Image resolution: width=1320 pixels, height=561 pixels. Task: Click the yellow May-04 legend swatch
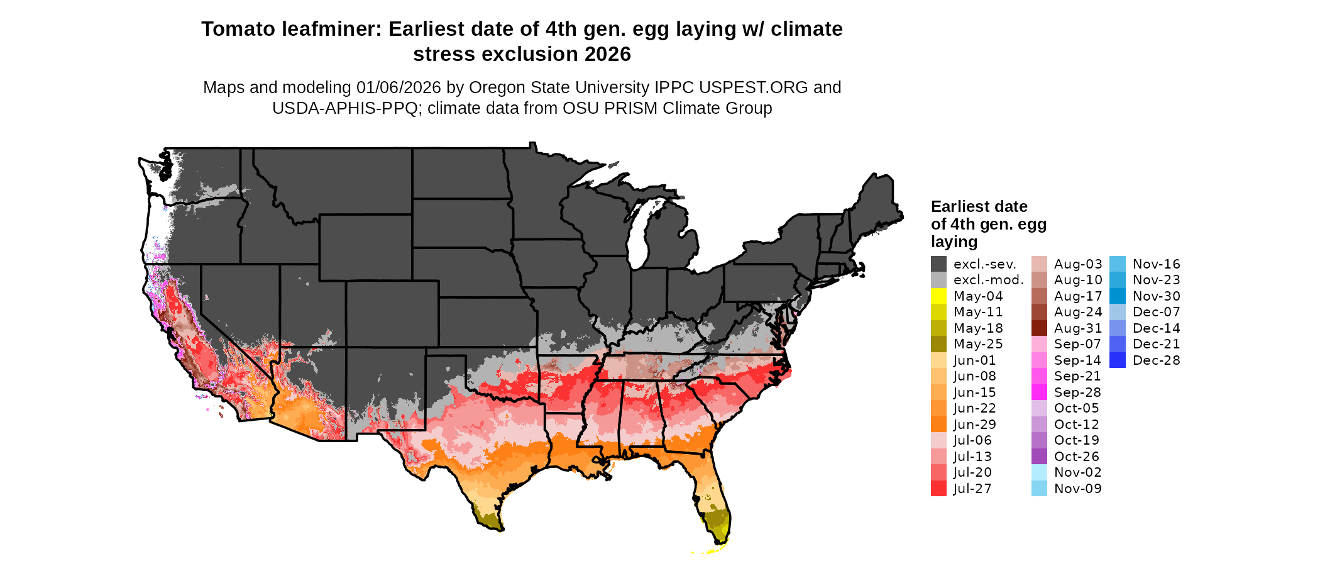(x=938, y=296)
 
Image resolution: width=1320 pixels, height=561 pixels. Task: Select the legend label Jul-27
(x=972, y=489)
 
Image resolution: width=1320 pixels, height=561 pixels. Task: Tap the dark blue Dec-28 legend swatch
(x=1117, y=360)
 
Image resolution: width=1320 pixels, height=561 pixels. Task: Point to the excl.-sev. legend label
(x=984, y=264)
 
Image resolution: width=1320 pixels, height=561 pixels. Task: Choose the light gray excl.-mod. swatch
(x=938, y=280)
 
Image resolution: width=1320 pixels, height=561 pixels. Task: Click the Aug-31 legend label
(x=1077, y=328)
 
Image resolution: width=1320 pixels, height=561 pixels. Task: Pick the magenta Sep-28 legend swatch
(x=1039, y=392)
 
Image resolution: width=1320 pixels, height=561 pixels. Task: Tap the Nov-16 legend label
(x=1156, y=264)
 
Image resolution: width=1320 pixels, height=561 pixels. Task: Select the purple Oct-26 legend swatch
(x=1039, y=456)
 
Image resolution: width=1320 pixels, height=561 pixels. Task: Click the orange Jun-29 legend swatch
(x=938, y=424)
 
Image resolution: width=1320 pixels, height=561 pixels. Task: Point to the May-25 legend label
(x=978, y=344)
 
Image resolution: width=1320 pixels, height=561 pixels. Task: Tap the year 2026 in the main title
(x=607, y=55)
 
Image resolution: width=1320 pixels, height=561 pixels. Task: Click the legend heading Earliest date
(x=979, y=207)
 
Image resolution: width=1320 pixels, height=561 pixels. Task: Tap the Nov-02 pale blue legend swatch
(x=1039, y=472)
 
